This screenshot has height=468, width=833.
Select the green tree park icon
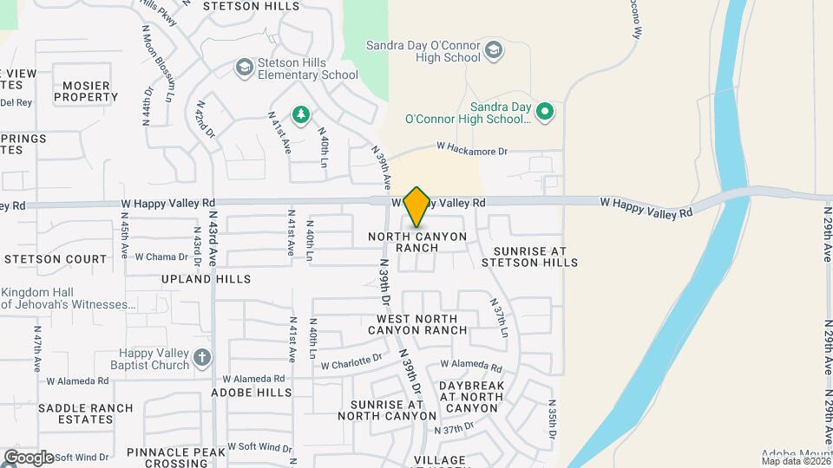click(301, 114)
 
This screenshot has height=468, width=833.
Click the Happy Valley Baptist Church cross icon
click(202, 357)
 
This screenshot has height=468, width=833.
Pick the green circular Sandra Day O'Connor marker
click(545, 111)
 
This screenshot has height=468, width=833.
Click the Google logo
click(28, 457)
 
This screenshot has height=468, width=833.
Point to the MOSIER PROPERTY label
click(86, 92)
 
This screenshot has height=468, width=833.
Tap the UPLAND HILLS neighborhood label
click(207, 279)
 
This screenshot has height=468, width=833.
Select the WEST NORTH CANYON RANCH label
click(417, 324)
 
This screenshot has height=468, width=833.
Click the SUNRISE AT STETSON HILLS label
click(528, 257)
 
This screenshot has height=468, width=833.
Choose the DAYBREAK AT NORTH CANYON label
click(470, 396)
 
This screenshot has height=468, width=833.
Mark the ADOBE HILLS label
click(252, 392)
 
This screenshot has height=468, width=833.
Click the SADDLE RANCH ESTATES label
click(86, 413)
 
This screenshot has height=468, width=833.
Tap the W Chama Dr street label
click(156, 257)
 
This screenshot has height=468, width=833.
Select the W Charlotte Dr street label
click(351, 359)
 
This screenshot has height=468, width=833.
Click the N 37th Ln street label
click(499, 319)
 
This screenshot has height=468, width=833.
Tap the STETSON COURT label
click(56, 258)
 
